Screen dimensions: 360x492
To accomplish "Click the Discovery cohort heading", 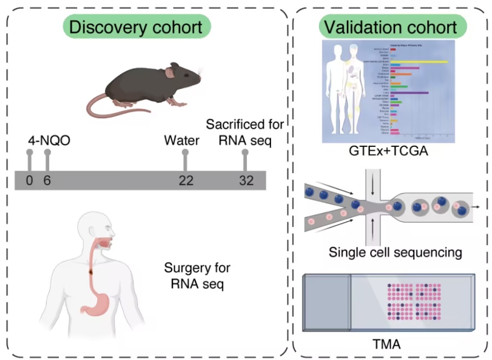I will (136, 27).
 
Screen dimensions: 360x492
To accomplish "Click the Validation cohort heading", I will (388, 27).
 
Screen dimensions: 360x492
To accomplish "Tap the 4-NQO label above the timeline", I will (48, 141).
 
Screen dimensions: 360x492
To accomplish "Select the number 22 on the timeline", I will (185, 181).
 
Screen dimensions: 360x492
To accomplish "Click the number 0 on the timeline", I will (30, 181).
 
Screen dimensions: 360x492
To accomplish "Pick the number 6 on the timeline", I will (47, 181).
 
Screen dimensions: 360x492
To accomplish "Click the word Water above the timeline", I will (182, 141).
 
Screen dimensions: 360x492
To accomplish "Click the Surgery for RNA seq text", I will (197, 276).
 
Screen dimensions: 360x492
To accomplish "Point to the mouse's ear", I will (170, 73).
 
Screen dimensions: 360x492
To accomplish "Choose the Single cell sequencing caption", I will (396, 253).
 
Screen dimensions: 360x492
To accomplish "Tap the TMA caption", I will (387, 343).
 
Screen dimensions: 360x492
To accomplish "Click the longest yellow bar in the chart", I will (419, 62).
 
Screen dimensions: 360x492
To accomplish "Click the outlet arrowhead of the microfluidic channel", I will (477, 207).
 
